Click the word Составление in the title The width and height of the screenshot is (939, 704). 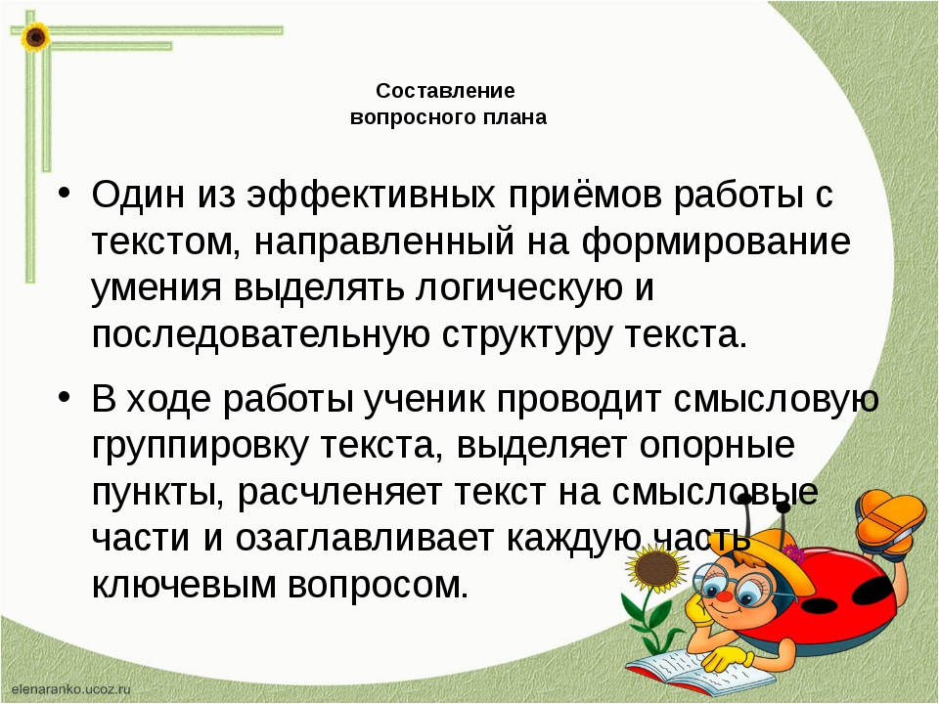pos(446,91)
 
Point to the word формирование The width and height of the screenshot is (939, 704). pos(716,242)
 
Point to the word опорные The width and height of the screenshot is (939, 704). pos(717,447)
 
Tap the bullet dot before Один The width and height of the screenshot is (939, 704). pos(65,195)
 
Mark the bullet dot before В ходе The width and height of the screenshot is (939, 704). pos(65,398)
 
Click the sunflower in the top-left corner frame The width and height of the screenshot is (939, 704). pos(35,36)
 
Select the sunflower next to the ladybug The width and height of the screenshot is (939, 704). pos(656,567)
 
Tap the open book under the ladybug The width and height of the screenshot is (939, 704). pos(699,669)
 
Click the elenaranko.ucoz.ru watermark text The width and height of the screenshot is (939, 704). pos(70,689)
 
